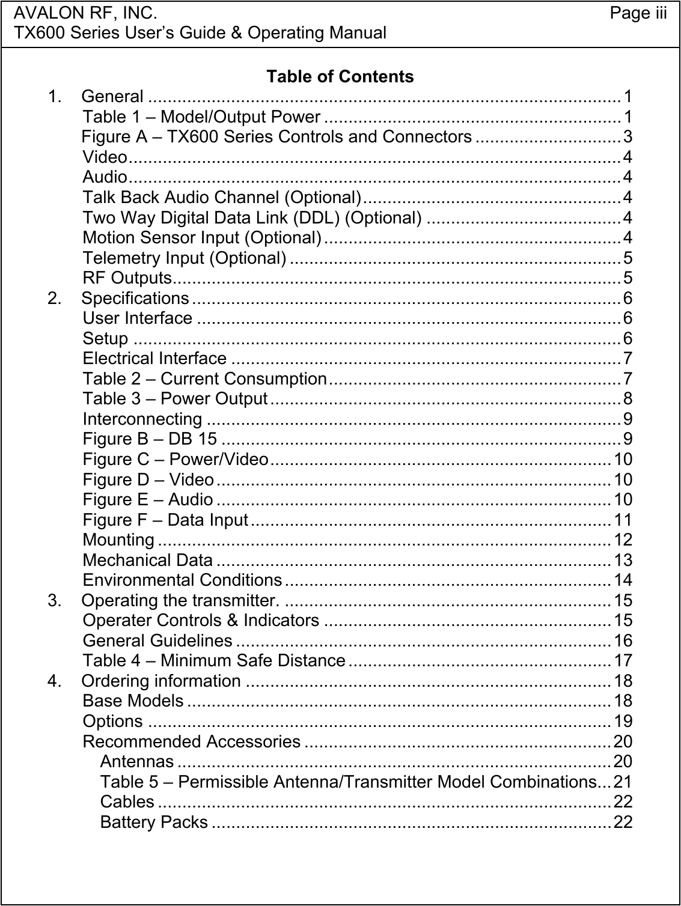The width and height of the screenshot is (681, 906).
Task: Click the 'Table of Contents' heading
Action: coord(340,77)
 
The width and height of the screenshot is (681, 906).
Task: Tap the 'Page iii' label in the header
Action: coord(638,13)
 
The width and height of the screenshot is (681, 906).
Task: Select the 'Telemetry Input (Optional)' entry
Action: coord(184,258)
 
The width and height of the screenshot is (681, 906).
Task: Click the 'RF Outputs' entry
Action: coord(127,278)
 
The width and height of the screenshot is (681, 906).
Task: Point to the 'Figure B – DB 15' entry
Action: coord(150,439)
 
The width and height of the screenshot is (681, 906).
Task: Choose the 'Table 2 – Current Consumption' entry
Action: coord(204,379)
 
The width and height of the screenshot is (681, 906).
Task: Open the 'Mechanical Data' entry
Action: coord(147,560)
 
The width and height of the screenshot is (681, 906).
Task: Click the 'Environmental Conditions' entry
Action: coord(182,580)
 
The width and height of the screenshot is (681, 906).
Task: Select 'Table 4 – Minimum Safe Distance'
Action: coord(213,661)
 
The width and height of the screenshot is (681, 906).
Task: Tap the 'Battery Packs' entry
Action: coord(154,822)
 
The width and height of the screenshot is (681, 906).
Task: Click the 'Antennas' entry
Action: coord(137,762)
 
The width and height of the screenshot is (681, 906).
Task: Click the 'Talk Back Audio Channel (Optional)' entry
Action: coord(222,197)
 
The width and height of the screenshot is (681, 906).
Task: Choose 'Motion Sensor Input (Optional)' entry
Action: coord(201,237)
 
